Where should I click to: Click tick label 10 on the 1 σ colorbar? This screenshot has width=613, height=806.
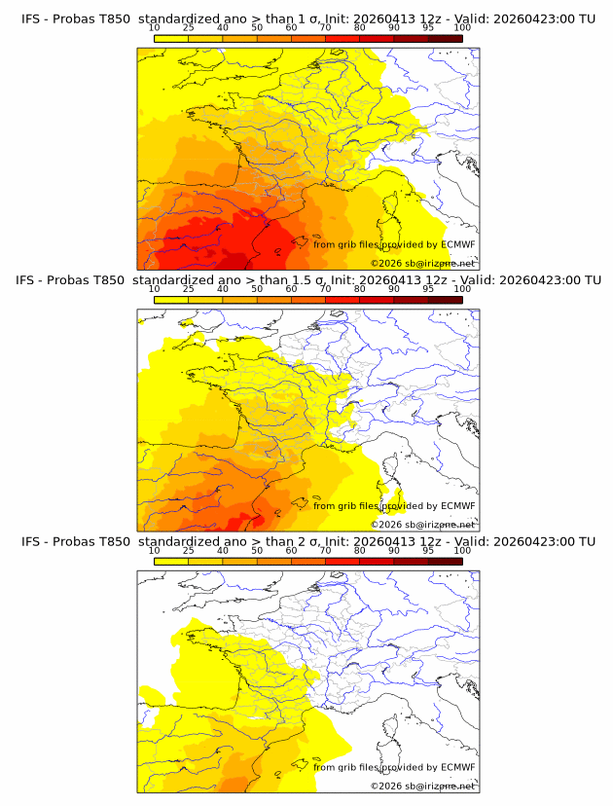(154, 28)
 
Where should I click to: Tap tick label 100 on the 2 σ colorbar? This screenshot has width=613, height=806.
(462, 550)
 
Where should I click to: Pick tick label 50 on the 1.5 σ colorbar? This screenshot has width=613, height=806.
(257, 289)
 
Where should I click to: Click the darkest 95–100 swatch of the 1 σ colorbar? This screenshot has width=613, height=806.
(446, 38)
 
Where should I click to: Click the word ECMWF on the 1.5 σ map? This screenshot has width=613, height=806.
(457, 505)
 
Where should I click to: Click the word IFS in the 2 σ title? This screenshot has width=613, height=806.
(31, 541)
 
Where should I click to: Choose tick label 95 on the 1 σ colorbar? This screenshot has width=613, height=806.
(428, 28)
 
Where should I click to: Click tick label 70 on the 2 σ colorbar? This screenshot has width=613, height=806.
(325, 550)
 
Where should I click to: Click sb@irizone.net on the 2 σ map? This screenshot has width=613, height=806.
(441, 786)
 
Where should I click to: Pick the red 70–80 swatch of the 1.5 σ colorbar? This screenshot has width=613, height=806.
(343, 299)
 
